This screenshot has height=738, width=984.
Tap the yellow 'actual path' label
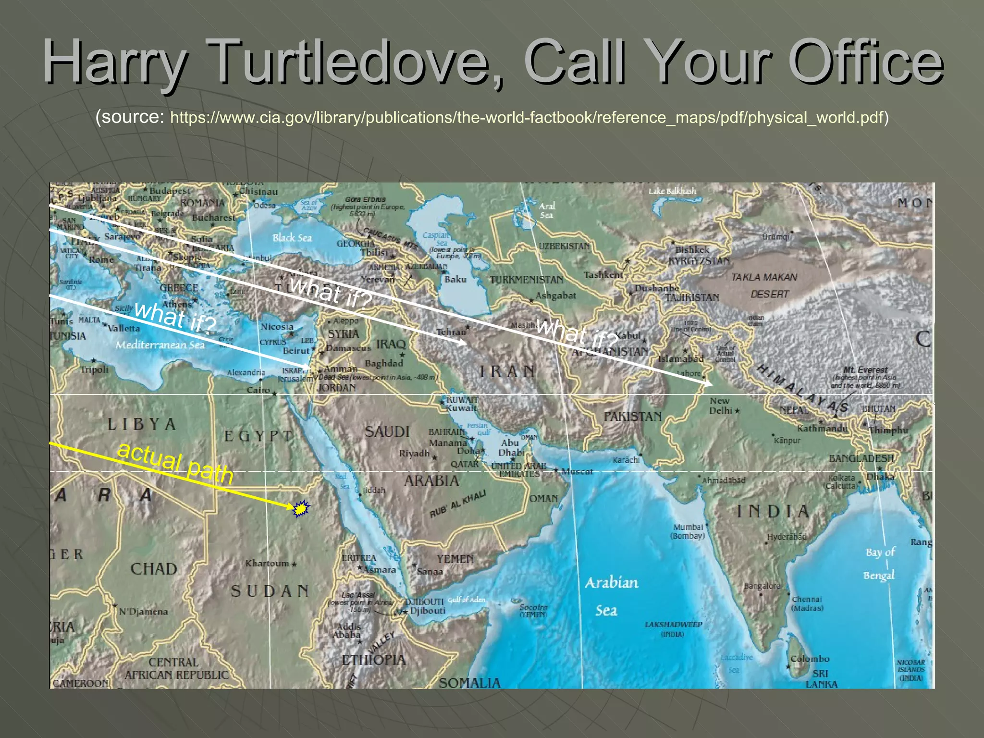175,463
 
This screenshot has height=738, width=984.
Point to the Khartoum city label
267,563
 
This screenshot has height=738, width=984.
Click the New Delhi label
721,406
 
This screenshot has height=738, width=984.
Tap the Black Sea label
292,238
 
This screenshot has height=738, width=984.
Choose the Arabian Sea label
610,596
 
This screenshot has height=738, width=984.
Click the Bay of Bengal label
879,564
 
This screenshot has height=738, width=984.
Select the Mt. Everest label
865,370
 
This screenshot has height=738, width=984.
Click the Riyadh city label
414,454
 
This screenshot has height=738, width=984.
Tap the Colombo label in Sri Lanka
810,659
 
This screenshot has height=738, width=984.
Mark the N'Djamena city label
143,612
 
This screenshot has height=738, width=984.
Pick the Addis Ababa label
348,630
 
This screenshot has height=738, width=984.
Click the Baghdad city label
384,363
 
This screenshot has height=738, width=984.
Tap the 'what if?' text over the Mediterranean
175,318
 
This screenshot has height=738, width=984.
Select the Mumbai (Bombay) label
688,531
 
